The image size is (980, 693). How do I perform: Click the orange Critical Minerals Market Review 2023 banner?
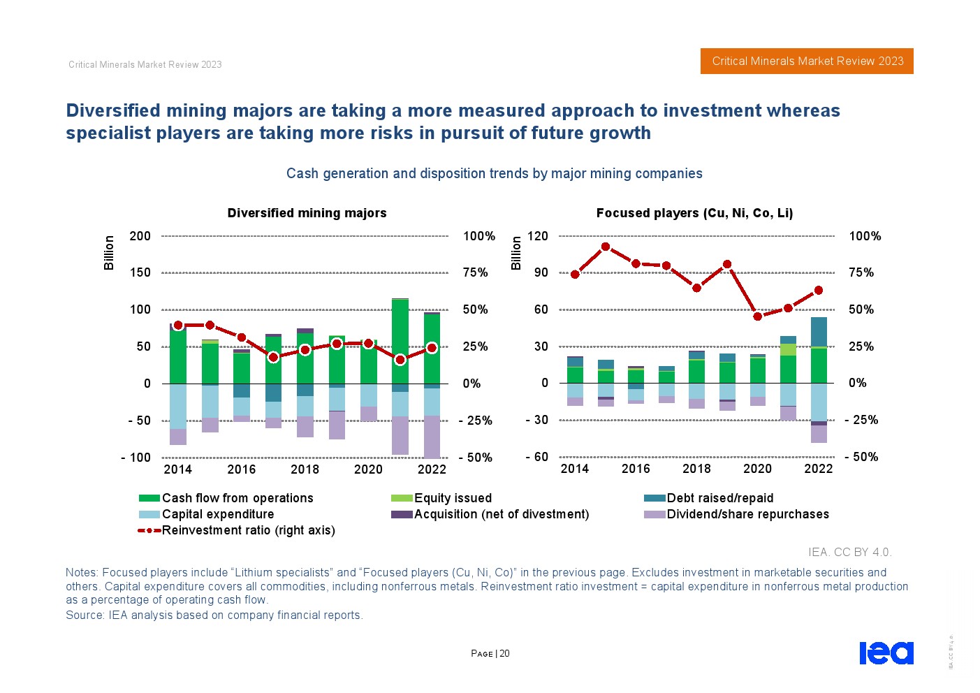click(807, 61)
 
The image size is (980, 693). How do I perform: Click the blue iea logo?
click(886, 652)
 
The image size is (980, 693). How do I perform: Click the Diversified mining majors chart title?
click(307, 213)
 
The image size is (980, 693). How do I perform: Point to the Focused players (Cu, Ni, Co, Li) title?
click(694, 213)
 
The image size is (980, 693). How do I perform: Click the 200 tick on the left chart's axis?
click(140, 236)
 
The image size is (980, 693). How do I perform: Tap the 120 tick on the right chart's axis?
click(537, 236)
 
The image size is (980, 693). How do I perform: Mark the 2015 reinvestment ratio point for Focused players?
click(606, 247)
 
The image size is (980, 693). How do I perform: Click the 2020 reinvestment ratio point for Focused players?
click(757, 316)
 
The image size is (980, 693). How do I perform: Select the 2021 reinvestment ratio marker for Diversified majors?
click(400, 360)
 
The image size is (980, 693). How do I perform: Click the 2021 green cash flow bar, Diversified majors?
click(400, 341)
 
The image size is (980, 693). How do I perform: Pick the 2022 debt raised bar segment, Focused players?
click(819, 332)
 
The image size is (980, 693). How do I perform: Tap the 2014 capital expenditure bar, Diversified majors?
click(178, 406)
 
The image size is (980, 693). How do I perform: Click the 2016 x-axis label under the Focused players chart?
click(636, 469)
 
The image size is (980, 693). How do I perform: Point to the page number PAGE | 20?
click(490, 654)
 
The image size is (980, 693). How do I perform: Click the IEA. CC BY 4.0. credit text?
click(849, 552)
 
